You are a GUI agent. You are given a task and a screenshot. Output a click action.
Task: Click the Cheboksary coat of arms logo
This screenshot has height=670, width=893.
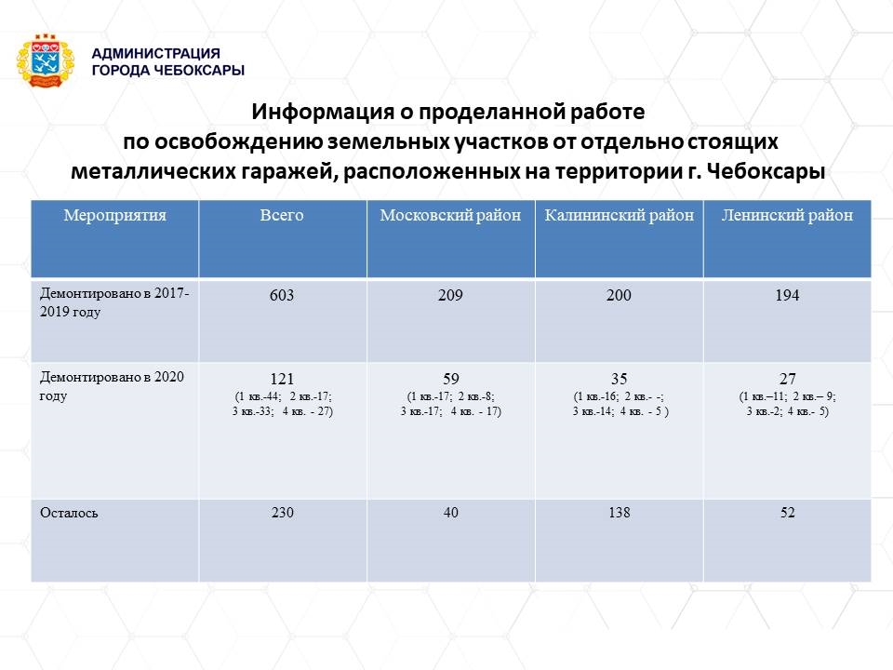pyautogui.click(x=46, y=61)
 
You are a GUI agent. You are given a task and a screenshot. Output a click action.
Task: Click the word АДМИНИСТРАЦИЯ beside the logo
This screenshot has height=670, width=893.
pyautogui.click(x=156, y=54)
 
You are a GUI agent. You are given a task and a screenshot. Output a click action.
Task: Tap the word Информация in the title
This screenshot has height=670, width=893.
pyautogui.click(x=323, y=112)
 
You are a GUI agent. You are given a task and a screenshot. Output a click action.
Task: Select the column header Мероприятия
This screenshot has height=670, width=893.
pyautogui.click(x=115, y=215)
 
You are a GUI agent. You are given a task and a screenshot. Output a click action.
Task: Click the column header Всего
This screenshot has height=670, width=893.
pyautogui.click(x=282, y=215)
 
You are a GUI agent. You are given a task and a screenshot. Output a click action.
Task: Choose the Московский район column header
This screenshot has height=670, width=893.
pyautogui.click(x=450, y=215)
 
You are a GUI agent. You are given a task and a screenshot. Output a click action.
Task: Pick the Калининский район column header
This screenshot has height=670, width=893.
pyautogui.click(x=620, y=215)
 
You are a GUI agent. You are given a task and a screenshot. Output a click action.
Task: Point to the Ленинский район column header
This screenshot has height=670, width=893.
pyautogui.click(x=788, y=215)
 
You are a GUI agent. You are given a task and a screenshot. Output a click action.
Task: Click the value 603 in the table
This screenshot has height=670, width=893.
pyautogui.click(x=282, y=295)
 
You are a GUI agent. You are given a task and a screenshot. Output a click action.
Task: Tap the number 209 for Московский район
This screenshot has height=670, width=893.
pyautogui.click(x=450, y=295)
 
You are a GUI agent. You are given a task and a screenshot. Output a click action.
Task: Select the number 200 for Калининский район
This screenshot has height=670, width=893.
pyautogui.click(x=620, y=295)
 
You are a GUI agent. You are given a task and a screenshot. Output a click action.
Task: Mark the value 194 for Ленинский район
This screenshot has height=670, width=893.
pyautogui.click(x=788, y=295)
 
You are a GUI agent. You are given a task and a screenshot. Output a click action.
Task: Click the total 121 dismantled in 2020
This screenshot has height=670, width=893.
pyautogui.click(x=282, y=379)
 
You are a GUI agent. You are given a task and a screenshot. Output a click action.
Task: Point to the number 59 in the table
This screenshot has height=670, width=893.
pyautogui.click(x=451, y=379)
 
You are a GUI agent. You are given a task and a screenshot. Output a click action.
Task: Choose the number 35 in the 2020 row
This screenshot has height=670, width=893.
pyautogui.click(x=620, y=379)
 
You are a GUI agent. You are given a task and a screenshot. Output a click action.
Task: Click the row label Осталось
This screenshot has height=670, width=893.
pyautogui.click(x=69, y=513)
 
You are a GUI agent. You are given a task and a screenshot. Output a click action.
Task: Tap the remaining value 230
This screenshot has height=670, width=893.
pyautogui.click(x=283, y=512)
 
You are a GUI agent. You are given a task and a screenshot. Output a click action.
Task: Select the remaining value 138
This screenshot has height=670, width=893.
pyautogui.click(x=620, y=512)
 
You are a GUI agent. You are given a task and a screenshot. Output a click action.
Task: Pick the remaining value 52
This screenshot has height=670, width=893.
pyautogui.click(x=788, y=512)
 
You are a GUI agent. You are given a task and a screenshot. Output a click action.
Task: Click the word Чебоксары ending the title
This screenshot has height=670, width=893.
pyautogui.click(x=766, y=171)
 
